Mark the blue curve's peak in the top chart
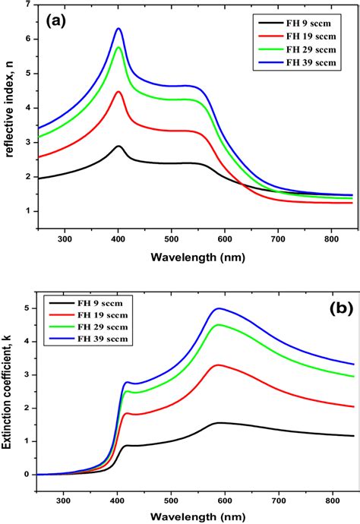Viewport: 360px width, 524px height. coord(118,29)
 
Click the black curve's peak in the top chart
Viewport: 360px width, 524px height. coord(118,146)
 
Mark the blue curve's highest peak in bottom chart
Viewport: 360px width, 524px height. coord(219,308)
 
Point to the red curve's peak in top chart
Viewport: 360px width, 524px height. coord(118,92)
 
